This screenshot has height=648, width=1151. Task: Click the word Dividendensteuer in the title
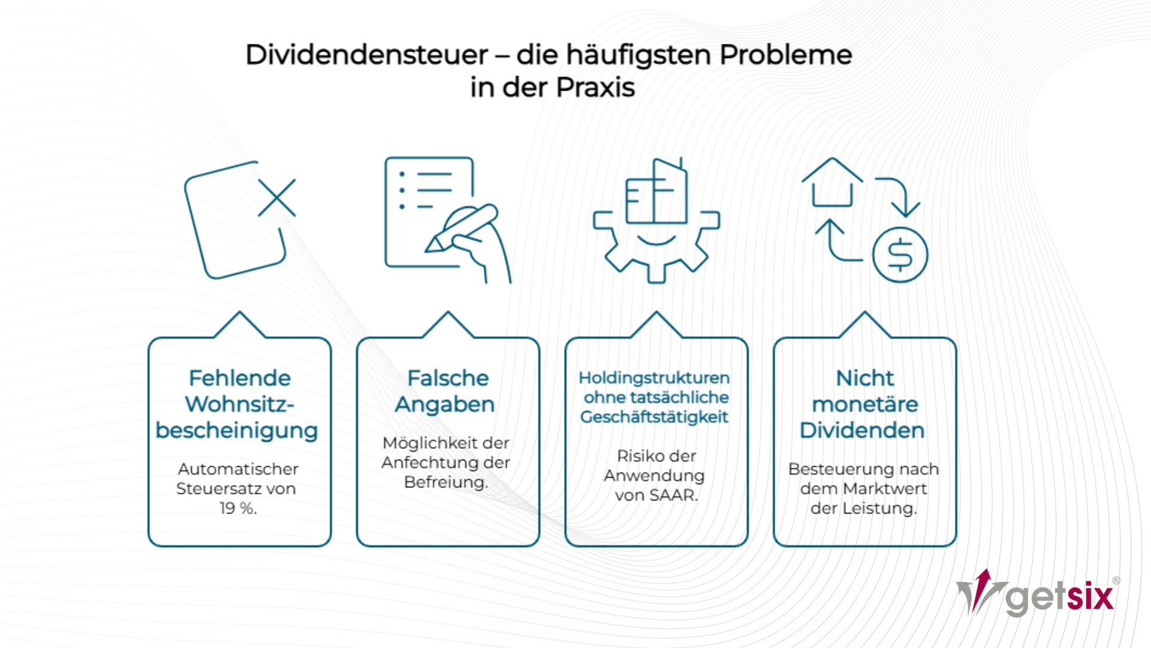[x=367, y=55]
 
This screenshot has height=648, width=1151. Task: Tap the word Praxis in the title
[x=595, y=88]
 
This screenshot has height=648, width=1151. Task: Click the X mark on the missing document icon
[x=277, y=197]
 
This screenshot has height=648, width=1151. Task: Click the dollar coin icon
[x=900, y=254]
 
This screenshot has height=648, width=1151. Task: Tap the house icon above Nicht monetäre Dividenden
[x=832, y=182]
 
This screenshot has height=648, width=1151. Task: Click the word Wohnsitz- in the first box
[x=240, y=404]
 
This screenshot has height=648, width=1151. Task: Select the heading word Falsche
[x=448, y=378]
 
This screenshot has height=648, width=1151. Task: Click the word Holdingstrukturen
[x=654, y=378]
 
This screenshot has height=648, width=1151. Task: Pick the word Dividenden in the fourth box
[x=862, y=430]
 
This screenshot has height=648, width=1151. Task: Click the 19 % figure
[x=238, y=508]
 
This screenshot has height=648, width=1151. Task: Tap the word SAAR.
[x=674, y=496]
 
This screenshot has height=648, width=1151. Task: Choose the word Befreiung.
[x=446, y=482]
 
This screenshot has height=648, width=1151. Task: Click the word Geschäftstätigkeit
[x=654, y=417]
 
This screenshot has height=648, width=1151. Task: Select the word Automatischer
[x=238, y=469]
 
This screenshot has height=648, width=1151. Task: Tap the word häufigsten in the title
[x=639, y=55]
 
